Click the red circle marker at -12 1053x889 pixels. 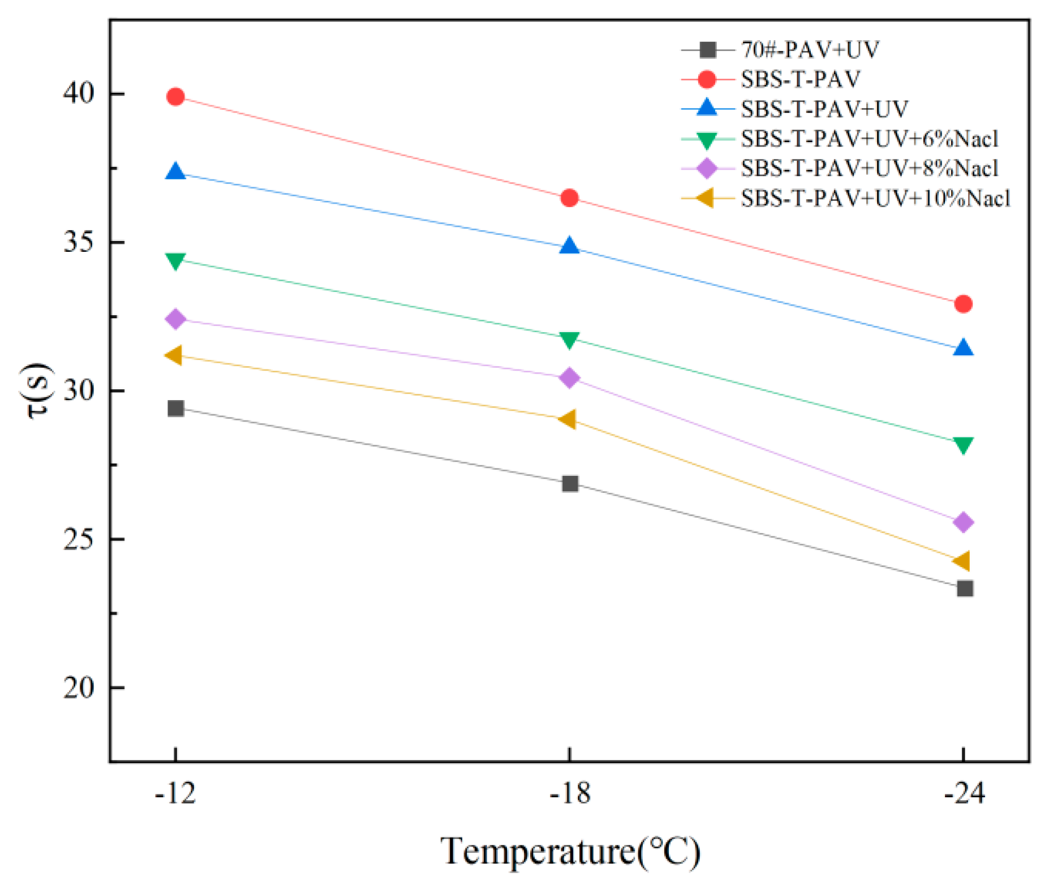[x=175, y=97]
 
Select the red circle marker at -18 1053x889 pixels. [x=569, y=197]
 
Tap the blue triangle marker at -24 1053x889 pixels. [x=963, y=349]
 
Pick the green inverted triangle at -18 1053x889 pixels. [x=569, y=339]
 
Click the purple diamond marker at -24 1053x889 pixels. [x=963, y=522]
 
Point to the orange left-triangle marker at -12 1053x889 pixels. [x=174, y=355]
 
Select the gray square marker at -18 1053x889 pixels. [x=570, y=484]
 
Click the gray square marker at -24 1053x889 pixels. [x=965, y=589]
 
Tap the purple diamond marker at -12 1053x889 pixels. [x=175, y=319]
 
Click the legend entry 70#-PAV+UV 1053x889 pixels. [x=810, y=50]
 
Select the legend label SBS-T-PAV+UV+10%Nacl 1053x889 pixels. [x=875, y=199]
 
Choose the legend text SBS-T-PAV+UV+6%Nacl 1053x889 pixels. [x=870, y=139]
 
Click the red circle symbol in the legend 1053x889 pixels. [x=707, y=79]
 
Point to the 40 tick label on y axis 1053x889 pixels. [x=79, y=93]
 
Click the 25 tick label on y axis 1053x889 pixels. [x=79, y=539]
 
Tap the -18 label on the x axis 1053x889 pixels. [x=569, y=793]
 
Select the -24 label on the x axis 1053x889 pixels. [x=964, y=793]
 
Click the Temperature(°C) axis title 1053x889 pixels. [x=570, y=851]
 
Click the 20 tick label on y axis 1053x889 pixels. [x=79, y=688]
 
